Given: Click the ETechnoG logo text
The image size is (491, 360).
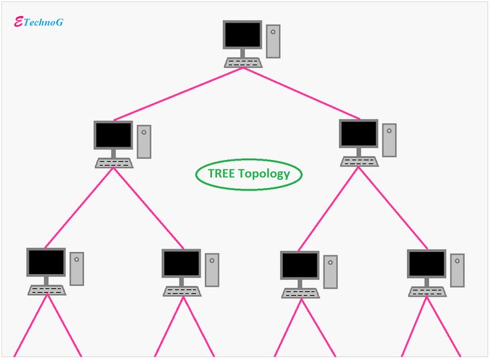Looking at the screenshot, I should pyautogui.click(x=39, y=21).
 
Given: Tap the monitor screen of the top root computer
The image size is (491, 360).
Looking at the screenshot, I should pyautogui.click(x=242, y=34).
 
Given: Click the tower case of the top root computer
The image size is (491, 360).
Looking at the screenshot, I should pyautogui.click(x=273, y=41).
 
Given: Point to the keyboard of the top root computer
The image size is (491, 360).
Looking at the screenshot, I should pyautogui.click(x=243, y=63).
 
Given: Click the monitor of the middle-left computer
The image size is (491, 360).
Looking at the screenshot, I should pyautogui.click(x=113, y=135).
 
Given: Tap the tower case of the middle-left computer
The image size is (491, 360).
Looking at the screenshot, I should pyautogui.click(x=144, y=141).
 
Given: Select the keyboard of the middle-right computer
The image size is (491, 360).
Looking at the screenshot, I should pyautogui.click(x=359, y=161).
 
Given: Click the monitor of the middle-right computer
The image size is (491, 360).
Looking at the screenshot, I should pyautogui.click(x=358, y=134).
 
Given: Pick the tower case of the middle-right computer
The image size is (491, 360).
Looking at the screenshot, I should pyautogui.click(x=389, y=140).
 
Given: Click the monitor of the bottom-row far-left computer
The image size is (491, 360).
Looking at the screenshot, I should pyautogui.click(x=46, y=263).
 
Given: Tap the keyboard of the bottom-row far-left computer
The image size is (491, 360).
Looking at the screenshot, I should pyautogui.click(x=47, y=290).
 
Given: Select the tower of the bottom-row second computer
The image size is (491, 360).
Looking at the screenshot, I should pyautogui.click(x=212, y=269).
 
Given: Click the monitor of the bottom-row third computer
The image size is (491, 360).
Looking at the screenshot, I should pyautogui.click(x=300, y=265).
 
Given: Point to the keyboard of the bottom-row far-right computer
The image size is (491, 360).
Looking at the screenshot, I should pyautogui.click(x=428, y=291).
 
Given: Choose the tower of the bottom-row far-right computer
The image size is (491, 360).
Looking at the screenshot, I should pyautogui.click(x=457, y=270).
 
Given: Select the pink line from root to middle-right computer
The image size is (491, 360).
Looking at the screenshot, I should pyautogui.click(x=304, y=93).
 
